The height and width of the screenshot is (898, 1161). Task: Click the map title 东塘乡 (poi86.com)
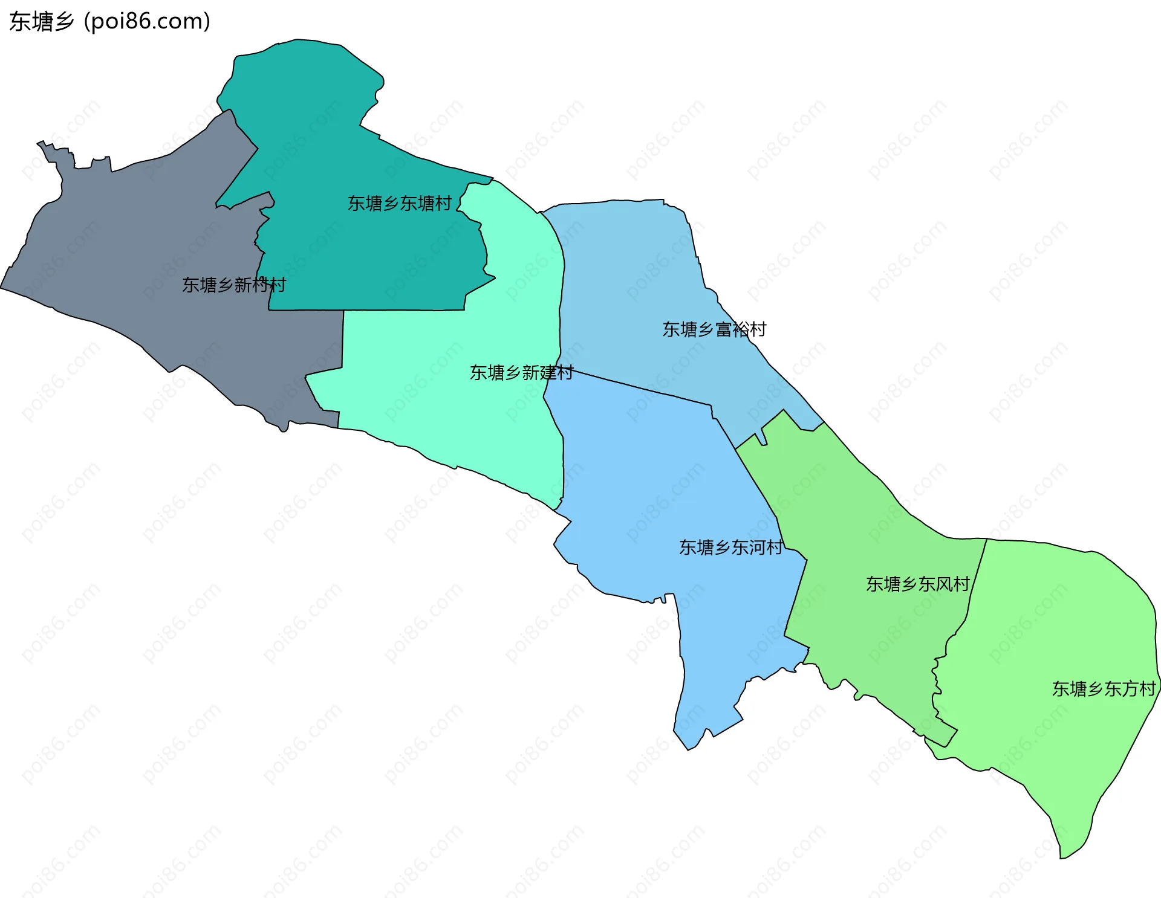(109, 22)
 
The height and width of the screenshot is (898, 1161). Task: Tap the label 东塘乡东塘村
(399, 204)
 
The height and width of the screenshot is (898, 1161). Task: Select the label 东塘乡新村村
(234, 285)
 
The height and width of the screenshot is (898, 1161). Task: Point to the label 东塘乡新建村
(521, 372)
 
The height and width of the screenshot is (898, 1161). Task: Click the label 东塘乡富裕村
(714, 329)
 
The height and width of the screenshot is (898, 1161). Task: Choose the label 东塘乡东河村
(730, 548)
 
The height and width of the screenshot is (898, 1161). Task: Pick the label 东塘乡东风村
(917, 584)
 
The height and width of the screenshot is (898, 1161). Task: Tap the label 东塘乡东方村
(1104, 689)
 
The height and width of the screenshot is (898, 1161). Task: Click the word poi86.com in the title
(148, 22)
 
